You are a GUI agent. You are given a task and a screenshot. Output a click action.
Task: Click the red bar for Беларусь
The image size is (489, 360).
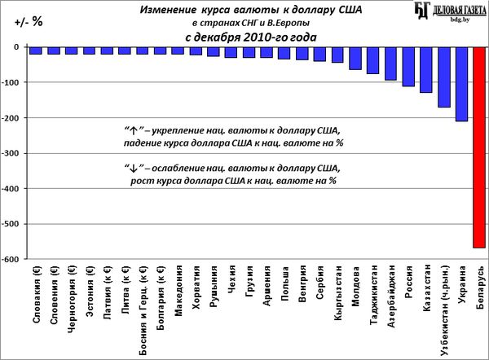479,147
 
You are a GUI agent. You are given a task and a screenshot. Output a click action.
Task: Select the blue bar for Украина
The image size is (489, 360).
461,84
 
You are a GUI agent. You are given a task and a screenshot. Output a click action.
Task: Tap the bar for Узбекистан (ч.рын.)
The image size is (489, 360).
444,77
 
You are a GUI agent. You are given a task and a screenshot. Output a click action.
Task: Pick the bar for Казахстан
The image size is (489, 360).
426,70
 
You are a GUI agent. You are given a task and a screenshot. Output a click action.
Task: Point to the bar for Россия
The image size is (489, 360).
408,67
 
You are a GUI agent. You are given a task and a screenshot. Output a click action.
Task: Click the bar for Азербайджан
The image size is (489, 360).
390,64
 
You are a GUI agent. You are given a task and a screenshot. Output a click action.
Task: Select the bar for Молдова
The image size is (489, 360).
355,59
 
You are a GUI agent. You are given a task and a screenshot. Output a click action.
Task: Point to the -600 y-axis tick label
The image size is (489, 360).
10,259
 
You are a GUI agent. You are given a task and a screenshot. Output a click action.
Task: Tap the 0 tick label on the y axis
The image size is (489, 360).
16,47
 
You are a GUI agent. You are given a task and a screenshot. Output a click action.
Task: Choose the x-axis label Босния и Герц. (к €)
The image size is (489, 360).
143,310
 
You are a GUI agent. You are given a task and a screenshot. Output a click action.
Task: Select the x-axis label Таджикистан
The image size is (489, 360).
373,295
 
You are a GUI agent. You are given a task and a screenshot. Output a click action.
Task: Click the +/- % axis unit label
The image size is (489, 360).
29,22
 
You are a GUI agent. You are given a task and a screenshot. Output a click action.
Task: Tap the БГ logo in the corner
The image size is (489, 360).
422,11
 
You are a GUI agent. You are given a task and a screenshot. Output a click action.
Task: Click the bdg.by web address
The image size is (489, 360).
460,20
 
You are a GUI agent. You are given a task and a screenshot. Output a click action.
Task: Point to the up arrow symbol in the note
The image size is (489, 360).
134,131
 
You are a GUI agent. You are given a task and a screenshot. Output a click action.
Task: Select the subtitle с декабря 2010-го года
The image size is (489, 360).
251,37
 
